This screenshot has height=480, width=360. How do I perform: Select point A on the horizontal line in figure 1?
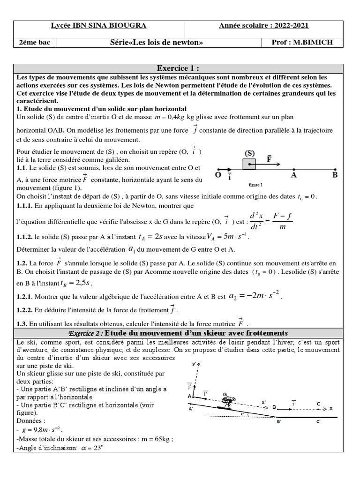click(294, 174)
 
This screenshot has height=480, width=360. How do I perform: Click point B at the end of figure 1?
click(335, 174)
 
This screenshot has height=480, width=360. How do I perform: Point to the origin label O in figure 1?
click(218, 175)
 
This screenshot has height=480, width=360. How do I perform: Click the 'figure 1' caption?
click(255, 185)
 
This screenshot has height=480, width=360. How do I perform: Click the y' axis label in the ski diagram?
click(194, 363)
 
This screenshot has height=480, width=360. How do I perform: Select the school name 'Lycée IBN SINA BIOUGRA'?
click(98, 26)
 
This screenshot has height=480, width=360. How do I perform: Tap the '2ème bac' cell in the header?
click(35, 43)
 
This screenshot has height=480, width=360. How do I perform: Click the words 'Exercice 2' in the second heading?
click(85, 332)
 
